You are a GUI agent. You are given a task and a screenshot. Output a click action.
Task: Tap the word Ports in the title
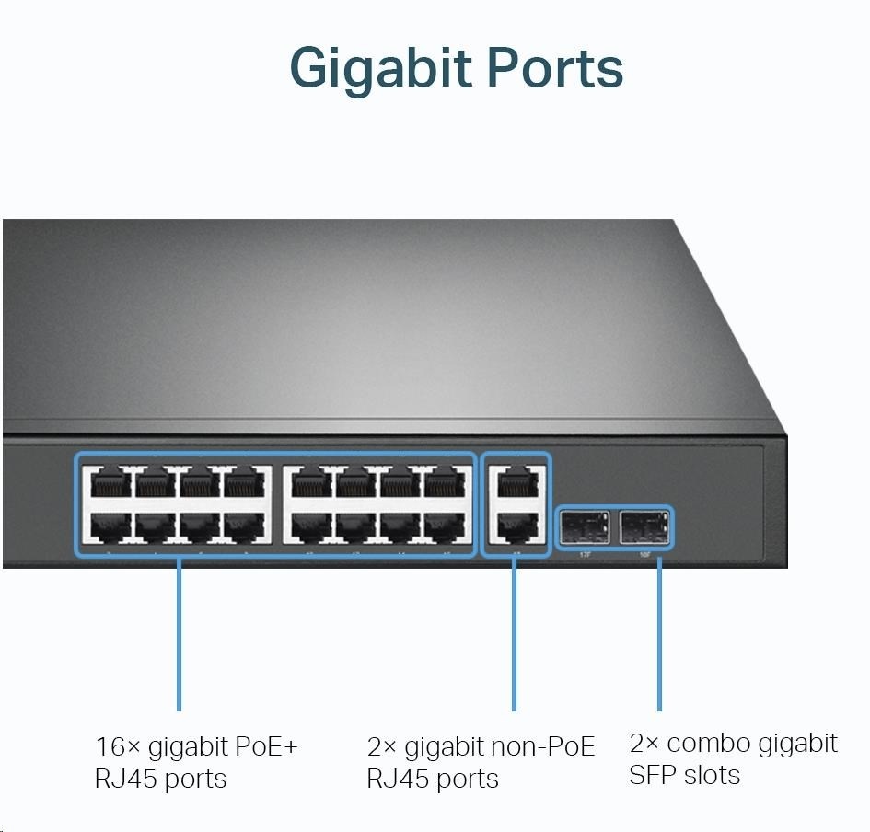pos(555,66)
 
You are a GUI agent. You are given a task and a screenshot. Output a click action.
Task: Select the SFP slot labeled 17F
pos(584,527)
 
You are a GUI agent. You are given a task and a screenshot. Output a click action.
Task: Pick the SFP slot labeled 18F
pos(645,527)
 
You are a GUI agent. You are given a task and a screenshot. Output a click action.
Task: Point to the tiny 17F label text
pos(584,554)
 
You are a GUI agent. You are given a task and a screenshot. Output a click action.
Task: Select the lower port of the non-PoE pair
pos(516,526)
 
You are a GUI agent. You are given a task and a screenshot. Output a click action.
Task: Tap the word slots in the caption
pos(713,775)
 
